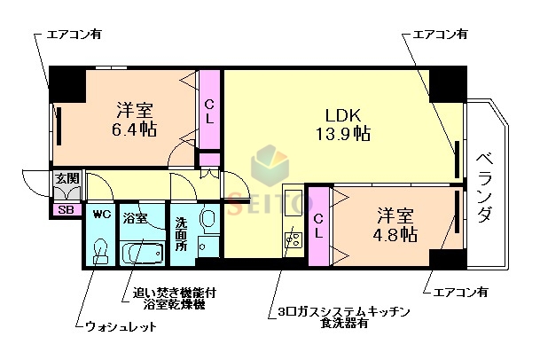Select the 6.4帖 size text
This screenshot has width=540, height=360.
[x=136, y=129]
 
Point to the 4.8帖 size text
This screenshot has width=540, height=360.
[x=395, y=233]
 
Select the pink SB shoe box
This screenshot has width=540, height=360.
[x=65, y=210]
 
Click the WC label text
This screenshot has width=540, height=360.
[x=101, y=215]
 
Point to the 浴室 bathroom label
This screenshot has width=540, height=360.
[x=135, y=217]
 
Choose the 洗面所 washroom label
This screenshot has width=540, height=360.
[x=181, y=234]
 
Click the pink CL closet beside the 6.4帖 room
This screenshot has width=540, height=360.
[x=209, y=110]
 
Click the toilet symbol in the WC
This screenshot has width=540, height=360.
[x=101, y=250]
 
